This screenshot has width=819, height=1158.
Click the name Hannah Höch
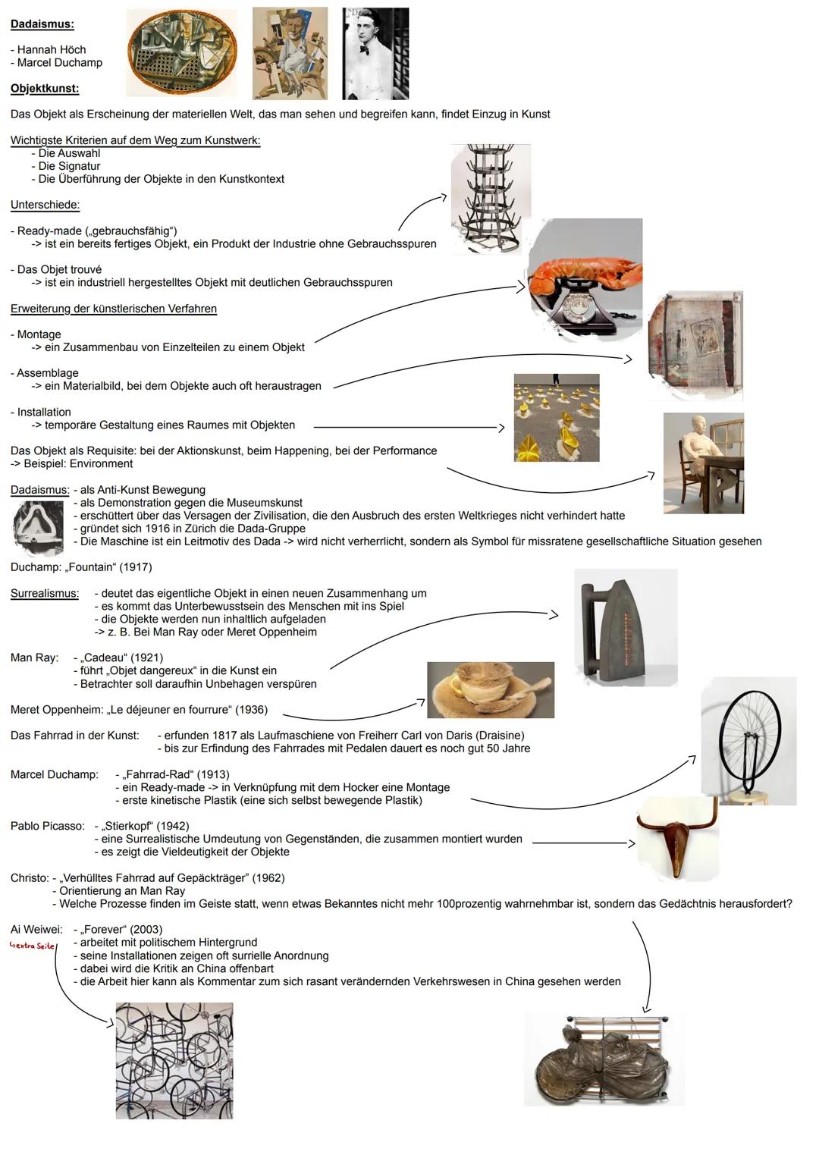pyautogui.click(x=52, y=49)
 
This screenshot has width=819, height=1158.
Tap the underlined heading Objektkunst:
pyautogui.click(x=45, y=89)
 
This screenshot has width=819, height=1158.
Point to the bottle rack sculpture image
pyautogui.click(x=490, y=199)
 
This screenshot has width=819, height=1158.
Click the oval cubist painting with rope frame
pyautogui.click(x=182, y=53)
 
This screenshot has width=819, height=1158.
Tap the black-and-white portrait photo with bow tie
pyautogui.click(x=375, y=53)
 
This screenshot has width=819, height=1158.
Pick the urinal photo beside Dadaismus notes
pyautogui.click(x=37, y=529)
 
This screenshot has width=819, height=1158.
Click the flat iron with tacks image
pyautogui.click(x=626, y=628)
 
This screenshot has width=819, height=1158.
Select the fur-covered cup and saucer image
pyautogui.click(x=491, y=689)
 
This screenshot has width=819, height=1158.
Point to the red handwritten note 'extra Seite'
pyautogui.click(x=32, y=946)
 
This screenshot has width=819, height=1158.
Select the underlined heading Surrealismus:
pyautogui.click(x=45, y=593)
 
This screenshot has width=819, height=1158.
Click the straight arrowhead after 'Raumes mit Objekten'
pyautogui.click(x=501, y=428)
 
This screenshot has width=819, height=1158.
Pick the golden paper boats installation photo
pyautogui.click(x=557, y=418)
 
